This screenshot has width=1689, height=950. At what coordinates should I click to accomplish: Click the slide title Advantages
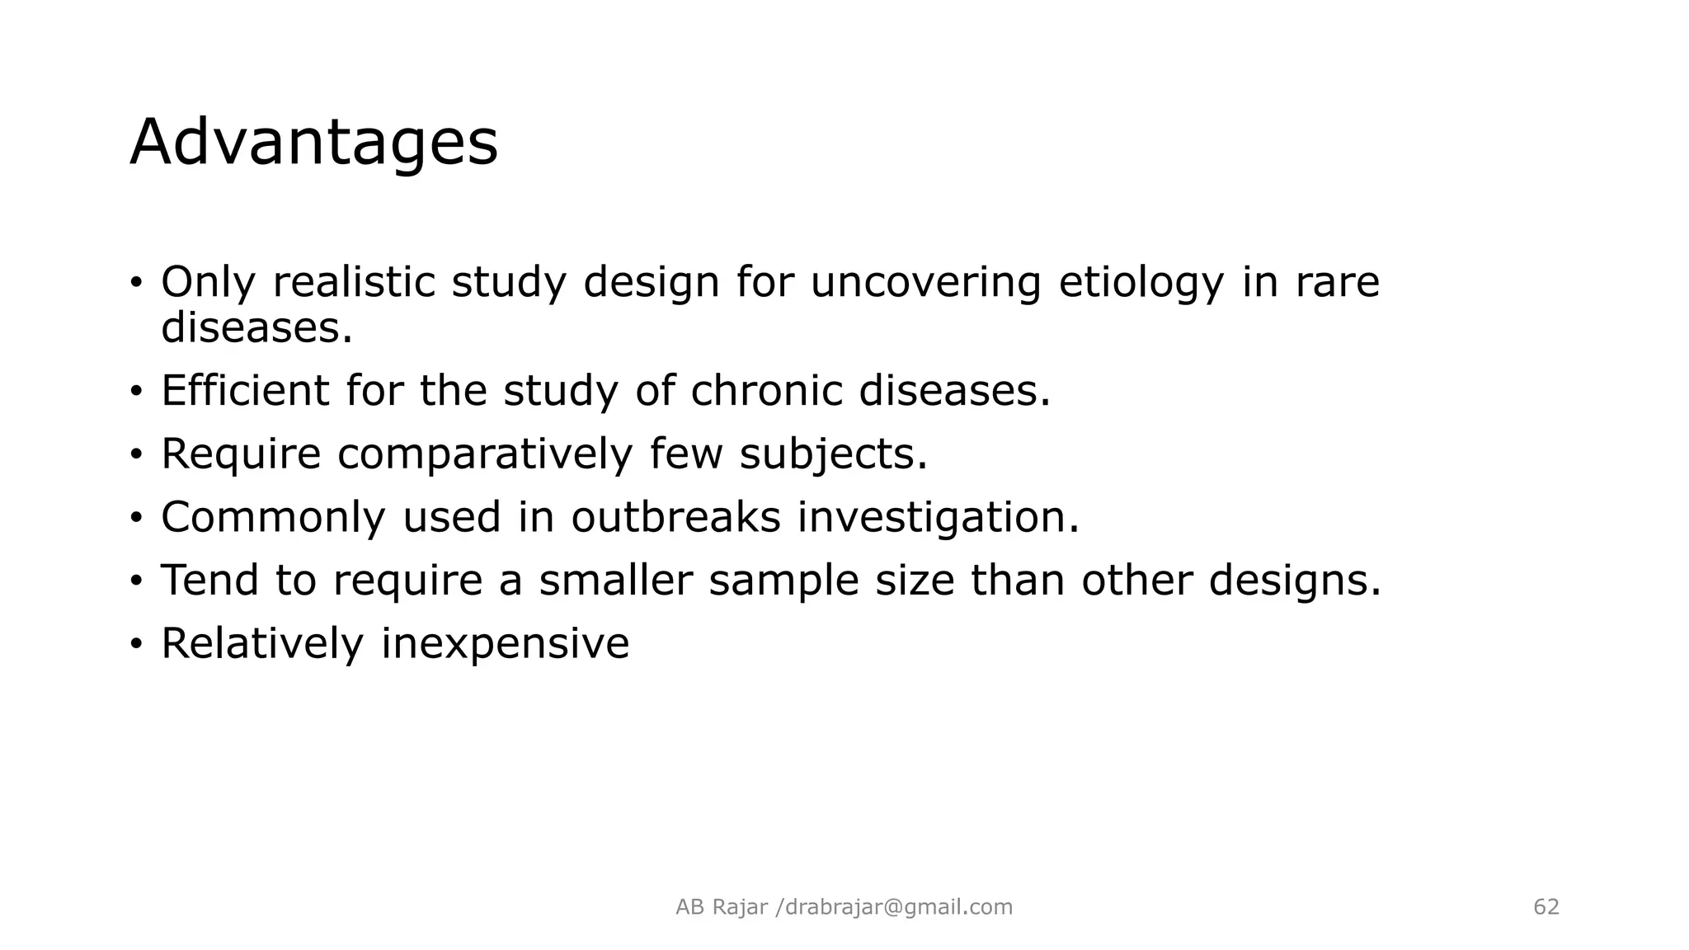pyautogui.click(x=313, y=143)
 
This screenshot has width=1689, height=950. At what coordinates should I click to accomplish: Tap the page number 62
pyautogui.click(x=1546, y=907)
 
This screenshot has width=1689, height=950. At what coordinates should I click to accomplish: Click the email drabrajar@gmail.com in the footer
pyautogui.click(x=899, y=907)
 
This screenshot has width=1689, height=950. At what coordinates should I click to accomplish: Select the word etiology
pyautogui.click(x=1141, y=283)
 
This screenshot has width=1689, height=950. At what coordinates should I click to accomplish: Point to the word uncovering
pyautogui.click(x=925, y=283)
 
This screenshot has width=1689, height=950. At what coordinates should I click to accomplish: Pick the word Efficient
pyautogui.click(x=245, y=390)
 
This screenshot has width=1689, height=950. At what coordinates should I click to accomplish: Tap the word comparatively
pyautogui.click(x=484, y=454)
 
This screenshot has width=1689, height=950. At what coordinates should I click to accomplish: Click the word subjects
pyautogui.click(x=833, y=454)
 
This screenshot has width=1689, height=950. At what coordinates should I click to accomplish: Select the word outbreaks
pyautogui.click(x=675, y=517)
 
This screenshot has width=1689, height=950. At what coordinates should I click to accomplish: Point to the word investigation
pyautogui.click(x=938, y=518)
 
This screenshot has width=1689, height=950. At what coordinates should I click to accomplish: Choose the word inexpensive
pyautogui.click(x=505, y=644)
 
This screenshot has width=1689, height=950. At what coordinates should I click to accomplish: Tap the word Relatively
pyautogui.click(x=261, y=643)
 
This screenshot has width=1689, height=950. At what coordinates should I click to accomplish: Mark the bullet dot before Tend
pyautogui.click(x=136, y=581)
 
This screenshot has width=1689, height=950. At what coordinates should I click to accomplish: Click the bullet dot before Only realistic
pyautogui.click(x=136, y=284)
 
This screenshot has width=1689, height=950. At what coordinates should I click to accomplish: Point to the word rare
pyautogui.click(x=1337, y=283)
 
